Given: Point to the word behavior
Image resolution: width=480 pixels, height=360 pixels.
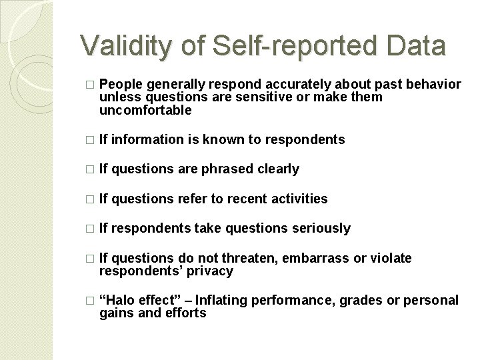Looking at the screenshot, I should point(429,85).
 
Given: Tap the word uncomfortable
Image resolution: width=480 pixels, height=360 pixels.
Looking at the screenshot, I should point(145,110).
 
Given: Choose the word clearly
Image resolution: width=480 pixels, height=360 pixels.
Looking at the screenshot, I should point(278,169).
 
